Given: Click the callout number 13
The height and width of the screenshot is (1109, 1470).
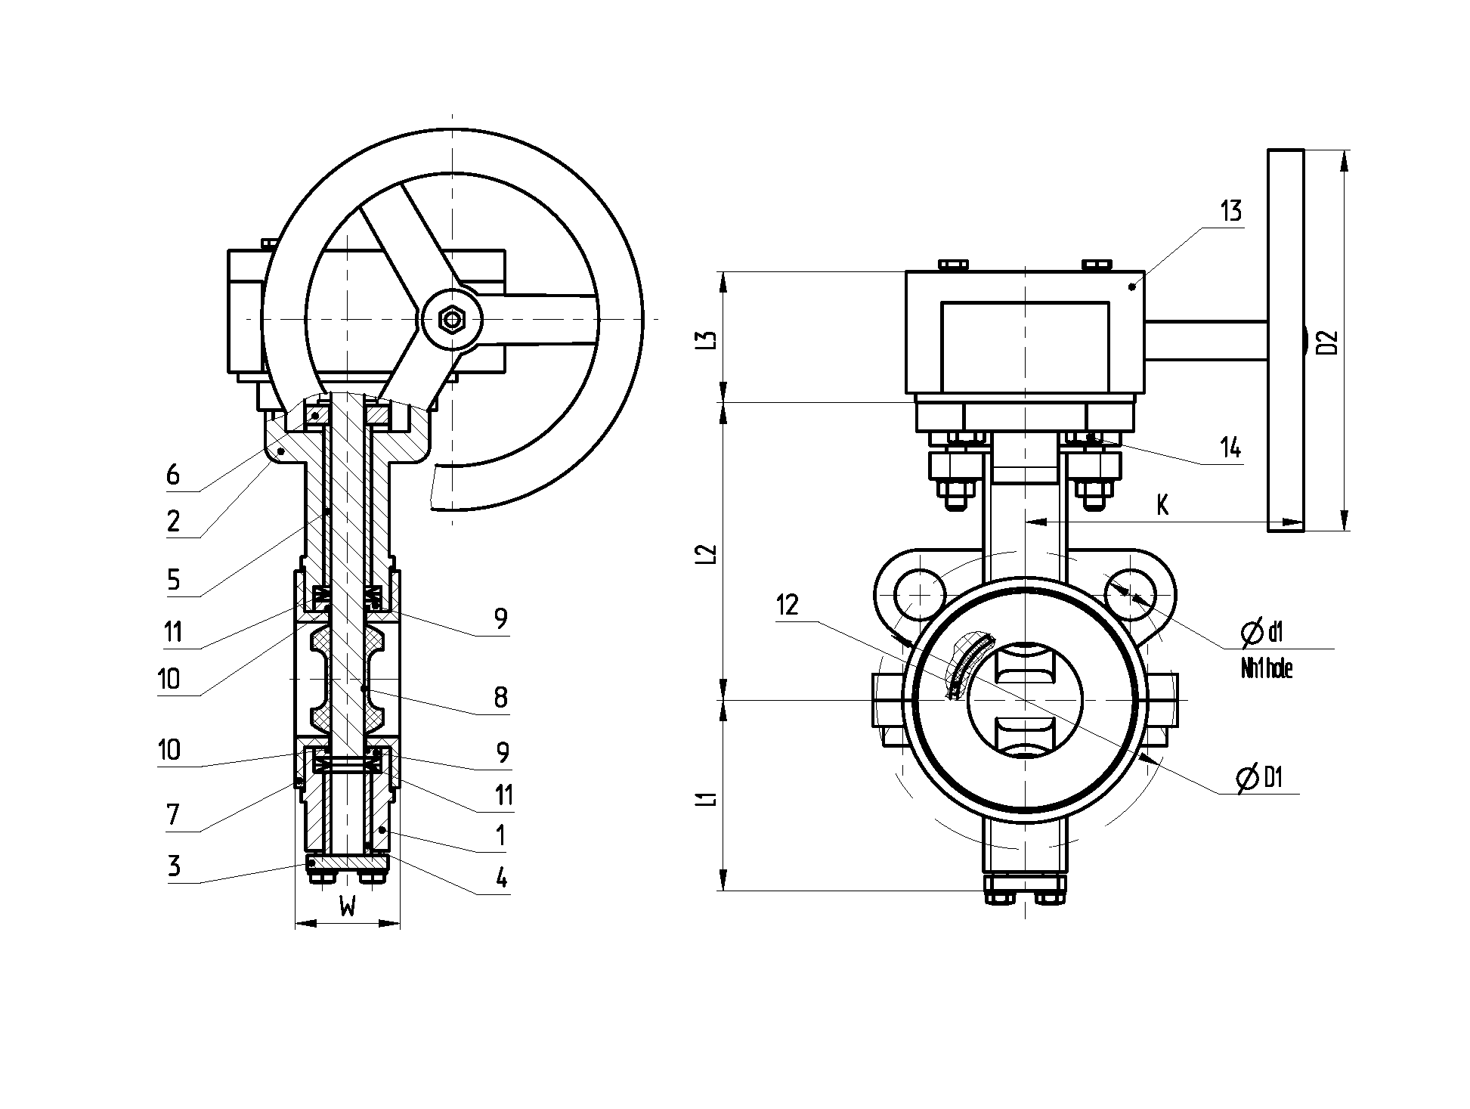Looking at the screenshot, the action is point(1231,211).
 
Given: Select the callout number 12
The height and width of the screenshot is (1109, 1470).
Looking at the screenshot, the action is point(787,606).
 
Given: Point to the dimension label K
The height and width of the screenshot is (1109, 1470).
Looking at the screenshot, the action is point(1162,505).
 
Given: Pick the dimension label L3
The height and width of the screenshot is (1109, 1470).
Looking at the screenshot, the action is point(707,339).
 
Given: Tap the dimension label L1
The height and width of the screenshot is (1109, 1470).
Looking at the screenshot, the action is point(707,798).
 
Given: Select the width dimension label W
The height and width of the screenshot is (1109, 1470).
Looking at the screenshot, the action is point(348,905).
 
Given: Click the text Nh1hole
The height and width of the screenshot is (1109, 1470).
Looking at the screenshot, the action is point(1267,669).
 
